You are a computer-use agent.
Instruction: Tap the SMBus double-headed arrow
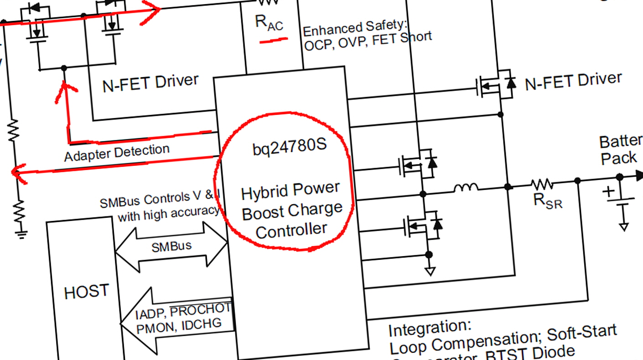tap(171, 247)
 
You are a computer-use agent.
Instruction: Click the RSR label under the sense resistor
tap(548, 200)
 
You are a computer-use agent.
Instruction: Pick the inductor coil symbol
tap(466, 187)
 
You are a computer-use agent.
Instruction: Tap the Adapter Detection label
tap(117, 153)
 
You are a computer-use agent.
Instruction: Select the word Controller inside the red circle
tap(292, 230)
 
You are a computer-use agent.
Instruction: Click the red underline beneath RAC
tap(274, 41)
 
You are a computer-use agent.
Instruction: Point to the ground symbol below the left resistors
tap(20, 234)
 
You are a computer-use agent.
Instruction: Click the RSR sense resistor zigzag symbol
tap(542, 184)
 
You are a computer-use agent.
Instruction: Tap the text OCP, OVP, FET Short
tap(368, 42)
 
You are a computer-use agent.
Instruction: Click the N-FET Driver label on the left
tap(150, 83)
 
